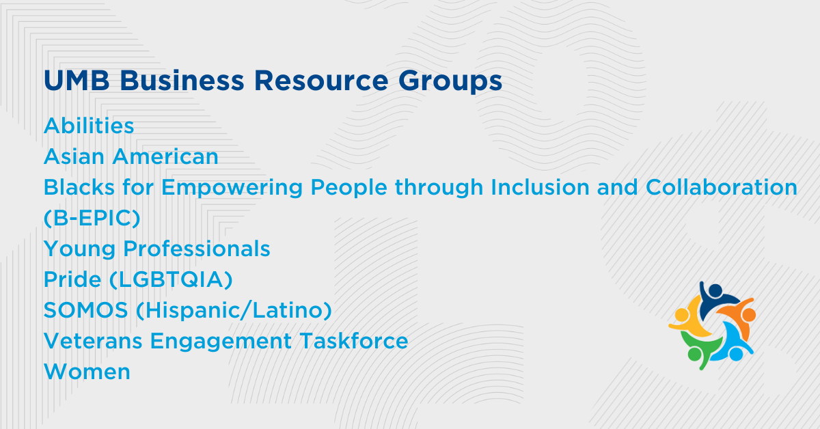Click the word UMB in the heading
coord(77,80)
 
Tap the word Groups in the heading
coord(450,82)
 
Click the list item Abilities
coord(89,126)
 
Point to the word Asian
coord(74,156)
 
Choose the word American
coord(165,156)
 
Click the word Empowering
coord(232,188)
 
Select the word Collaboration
coord(722,187)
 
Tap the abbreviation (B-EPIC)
coord(92,218)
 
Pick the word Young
coord(79,249)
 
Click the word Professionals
coord(197,249)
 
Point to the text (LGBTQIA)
coord(171,280)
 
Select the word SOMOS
coord(85,310)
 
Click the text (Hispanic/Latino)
coord(234,310)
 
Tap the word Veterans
coord(93,341)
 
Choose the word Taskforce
coord(354,340)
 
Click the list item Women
coord(87,372)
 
